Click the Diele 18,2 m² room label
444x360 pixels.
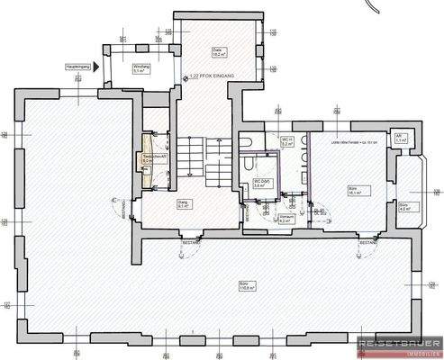(x=216, y=52)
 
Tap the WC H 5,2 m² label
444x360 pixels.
(x=285, y=142)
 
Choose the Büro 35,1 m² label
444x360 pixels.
(x=354, y=191)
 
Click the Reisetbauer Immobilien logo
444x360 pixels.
(x=399, y=346)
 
